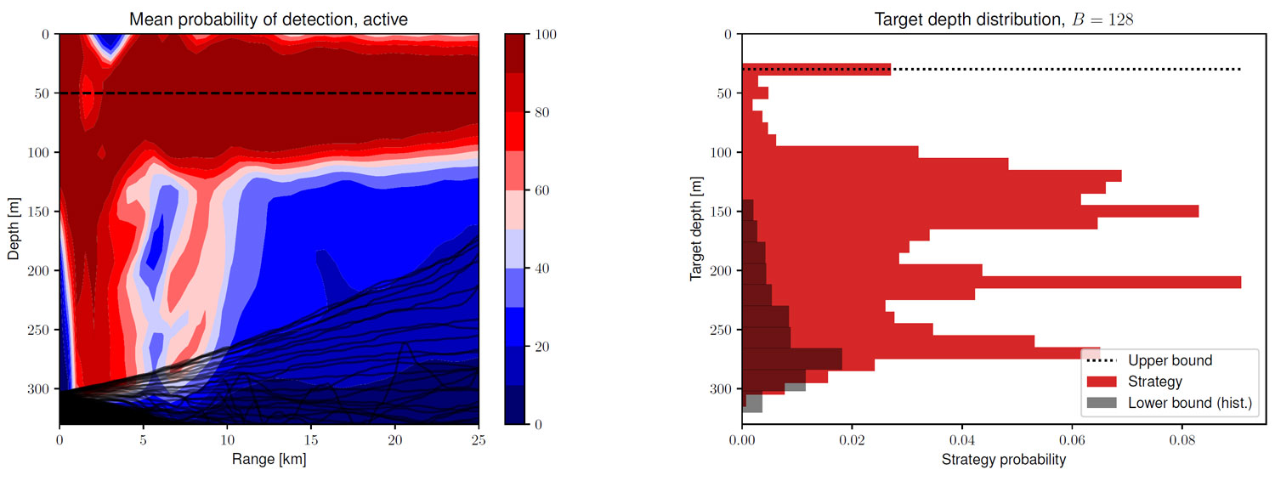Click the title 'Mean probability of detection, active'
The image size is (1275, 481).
click(269, 18)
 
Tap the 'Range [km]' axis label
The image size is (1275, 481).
click(269, 460)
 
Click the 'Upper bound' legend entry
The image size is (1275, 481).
click(1170, 360)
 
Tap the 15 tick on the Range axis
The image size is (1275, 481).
click(311, 441)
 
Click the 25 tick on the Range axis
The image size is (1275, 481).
click(479, 441)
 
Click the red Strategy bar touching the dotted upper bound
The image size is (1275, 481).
click(816, 69)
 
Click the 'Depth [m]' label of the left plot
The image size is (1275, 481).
click(14, 229)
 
